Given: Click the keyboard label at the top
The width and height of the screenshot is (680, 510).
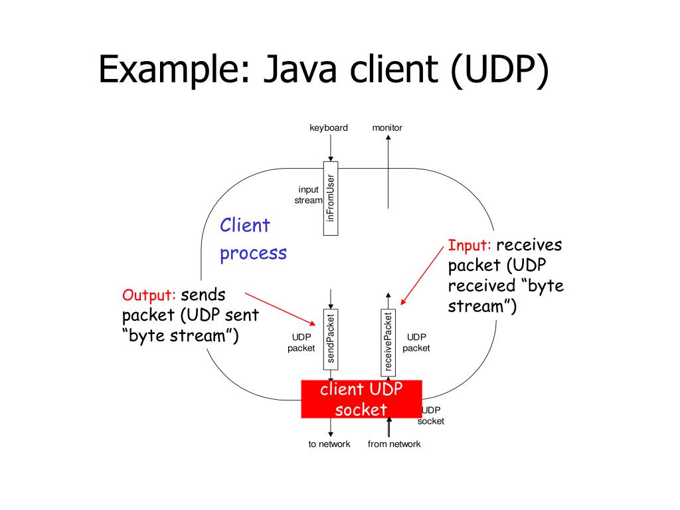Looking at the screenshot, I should click(x=329, y=127).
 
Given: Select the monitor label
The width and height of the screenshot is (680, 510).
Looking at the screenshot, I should click(x=387, y=127).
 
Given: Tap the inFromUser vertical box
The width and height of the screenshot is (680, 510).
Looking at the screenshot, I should click(x=331, y=198).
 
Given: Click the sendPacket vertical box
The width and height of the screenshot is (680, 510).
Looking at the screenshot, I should click(x=331, y=339).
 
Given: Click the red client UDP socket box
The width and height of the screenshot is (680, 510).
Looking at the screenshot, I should click(x=361, y=399).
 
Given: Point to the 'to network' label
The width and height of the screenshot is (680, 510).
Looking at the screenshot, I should click(x=329, y=444).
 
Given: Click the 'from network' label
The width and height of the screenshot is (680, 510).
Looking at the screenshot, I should click(x=394, y=444).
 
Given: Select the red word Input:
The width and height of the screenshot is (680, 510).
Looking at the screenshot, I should click(x=469, y=246).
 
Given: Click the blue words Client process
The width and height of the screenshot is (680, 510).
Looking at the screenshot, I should click(x=253, y=239).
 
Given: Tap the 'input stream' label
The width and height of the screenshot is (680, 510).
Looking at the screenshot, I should click(x=309, y=195).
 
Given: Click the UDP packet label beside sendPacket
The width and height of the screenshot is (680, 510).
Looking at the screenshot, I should click(x=301, y=343).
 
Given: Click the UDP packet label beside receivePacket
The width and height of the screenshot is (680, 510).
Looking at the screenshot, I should click(x=416, y=342).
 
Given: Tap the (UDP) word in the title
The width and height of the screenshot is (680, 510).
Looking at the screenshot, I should click(x=500, y=70).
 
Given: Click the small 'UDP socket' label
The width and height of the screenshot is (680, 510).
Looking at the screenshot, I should click(x=431, y=416).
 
